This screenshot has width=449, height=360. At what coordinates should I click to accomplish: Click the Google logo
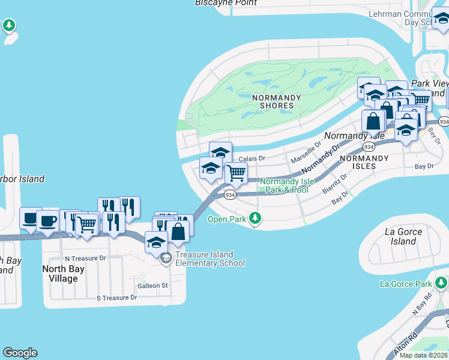20,353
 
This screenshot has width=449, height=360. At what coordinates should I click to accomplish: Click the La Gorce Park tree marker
442,282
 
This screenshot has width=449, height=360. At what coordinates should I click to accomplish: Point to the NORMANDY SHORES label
273,101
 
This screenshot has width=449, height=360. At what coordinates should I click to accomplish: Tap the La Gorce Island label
403,236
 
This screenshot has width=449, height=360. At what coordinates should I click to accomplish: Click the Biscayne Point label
226,3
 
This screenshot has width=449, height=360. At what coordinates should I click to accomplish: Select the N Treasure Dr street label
84,258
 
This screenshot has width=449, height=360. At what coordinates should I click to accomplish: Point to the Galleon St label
153,286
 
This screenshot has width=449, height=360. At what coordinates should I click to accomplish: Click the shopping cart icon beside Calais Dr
237,173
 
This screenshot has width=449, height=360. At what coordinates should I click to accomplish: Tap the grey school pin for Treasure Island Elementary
166,259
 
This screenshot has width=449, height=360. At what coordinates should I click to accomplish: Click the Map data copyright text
424,355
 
